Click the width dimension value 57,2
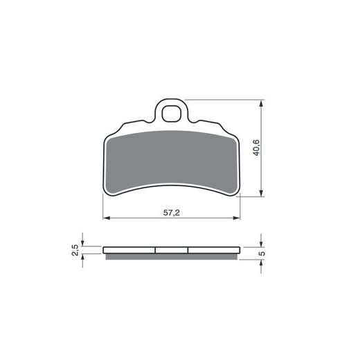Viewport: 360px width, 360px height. point(172,213)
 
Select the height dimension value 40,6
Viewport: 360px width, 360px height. point(255,147)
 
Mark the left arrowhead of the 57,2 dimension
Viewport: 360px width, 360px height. point(107,219)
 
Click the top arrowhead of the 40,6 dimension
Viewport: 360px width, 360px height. point(261,104)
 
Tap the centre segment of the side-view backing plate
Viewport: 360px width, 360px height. point(172,251)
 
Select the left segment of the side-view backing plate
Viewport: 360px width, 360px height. point(129,251)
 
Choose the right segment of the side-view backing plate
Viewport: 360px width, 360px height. point(215,251)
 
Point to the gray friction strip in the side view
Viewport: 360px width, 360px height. point(172,257)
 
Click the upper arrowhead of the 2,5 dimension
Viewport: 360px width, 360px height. point(82,243)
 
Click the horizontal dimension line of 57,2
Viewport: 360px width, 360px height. point(138,219)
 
